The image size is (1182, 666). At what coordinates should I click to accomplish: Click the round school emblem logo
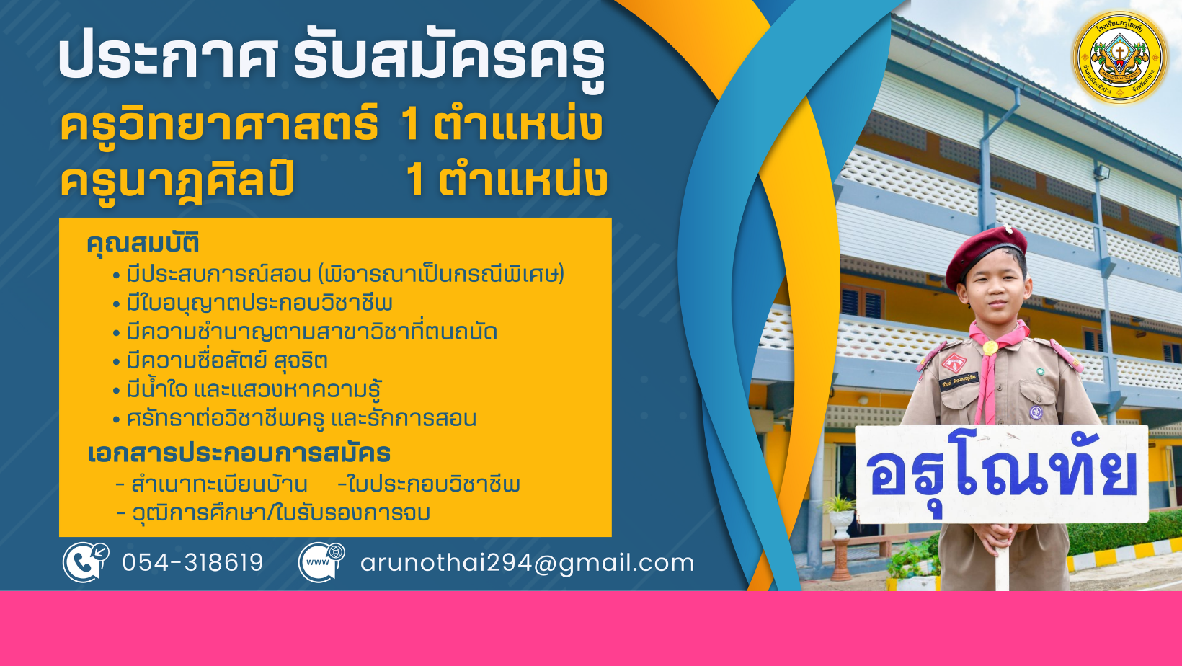(x=1120, y=57)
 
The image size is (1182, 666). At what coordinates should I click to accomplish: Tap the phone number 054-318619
(x=192, y=562)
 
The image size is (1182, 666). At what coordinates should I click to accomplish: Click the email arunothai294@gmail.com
(x=527, y=563)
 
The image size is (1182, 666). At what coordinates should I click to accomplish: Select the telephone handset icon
(x=86, y=562)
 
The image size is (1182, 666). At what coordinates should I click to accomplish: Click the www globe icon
(x=321, y=562)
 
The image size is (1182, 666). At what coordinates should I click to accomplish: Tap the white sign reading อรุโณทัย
(x=1002, y=474)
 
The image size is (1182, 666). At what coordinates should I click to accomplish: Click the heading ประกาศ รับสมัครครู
(x=332, y=59)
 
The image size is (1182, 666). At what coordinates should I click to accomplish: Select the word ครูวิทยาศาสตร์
(x=219, y=125)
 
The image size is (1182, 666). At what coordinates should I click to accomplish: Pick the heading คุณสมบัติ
(x=143, y=244)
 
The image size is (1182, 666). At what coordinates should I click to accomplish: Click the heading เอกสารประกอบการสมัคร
(x=239, y=453)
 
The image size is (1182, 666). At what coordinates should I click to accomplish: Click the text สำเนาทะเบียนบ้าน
(x=219, y=484)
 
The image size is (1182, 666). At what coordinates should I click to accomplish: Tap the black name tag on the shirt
(x=959, y=381)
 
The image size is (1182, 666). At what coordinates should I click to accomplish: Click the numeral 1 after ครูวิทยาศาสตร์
(x=410, y=125)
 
